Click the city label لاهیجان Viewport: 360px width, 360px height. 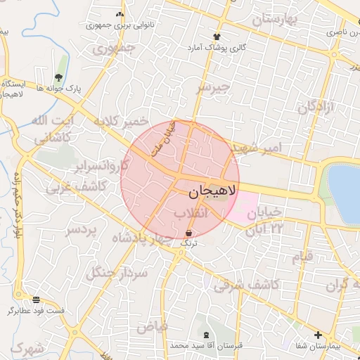[x=214, y=190]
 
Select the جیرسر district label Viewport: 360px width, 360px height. [x=213, y=87]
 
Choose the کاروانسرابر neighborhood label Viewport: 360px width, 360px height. [x=105, y=167]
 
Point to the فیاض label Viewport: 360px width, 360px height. [x=152, y=327]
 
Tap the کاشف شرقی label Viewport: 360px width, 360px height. [x=247, y=285]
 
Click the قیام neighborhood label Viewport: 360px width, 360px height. [x=303, y=257]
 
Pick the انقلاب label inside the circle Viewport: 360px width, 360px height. [x=191, y=212]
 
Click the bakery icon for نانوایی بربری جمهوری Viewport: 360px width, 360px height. [x=119, y=14]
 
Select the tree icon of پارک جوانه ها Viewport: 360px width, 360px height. [x=58, y=77]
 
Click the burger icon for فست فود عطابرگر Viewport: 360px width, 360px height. [x=36, y=299]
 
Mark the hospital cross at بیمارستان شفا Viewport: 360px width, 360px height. [x=318, y=335]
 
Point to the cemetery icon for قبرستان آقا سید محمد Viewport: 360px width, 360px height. [x=206, y=335]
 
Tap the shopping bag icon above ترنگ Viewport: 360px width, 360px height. [x=189, y=232]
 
